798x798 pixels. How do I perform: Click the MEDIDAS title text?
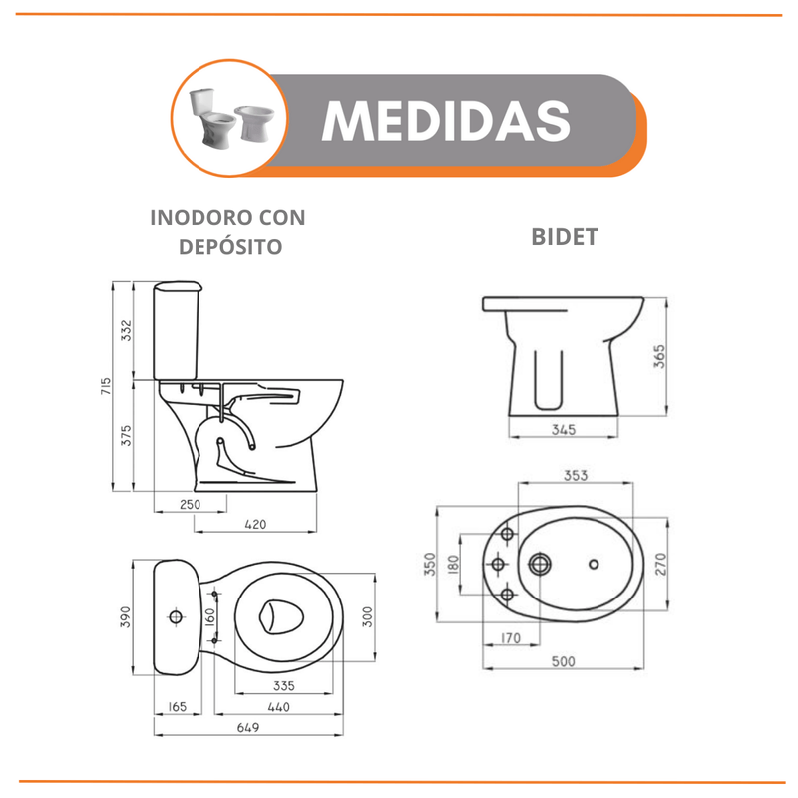click(x=446, y=120)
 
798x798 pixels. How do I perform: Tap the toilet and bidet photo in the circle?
click(x=230, y=118)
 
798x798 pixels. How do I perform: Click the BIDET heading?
click(x=565, y=237)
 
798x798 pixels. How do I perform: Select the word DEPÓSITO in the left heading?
click(x=230, y=246)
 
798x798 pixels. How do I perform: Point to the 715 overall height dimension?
click(x=106, y=386)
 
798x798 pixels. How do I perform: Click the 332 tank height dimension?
click(x=126, y=330)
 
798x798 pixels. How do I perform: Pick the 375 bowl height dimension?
click(x=126, y=436)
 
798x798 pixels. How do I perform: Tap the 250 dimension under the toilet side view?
click(x=190, y=504)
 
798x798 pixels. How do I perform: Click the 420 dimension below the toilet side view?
click(x=255, y=524)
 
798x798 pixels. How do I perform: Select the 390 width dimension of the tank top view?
click(x=126, y=616)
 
